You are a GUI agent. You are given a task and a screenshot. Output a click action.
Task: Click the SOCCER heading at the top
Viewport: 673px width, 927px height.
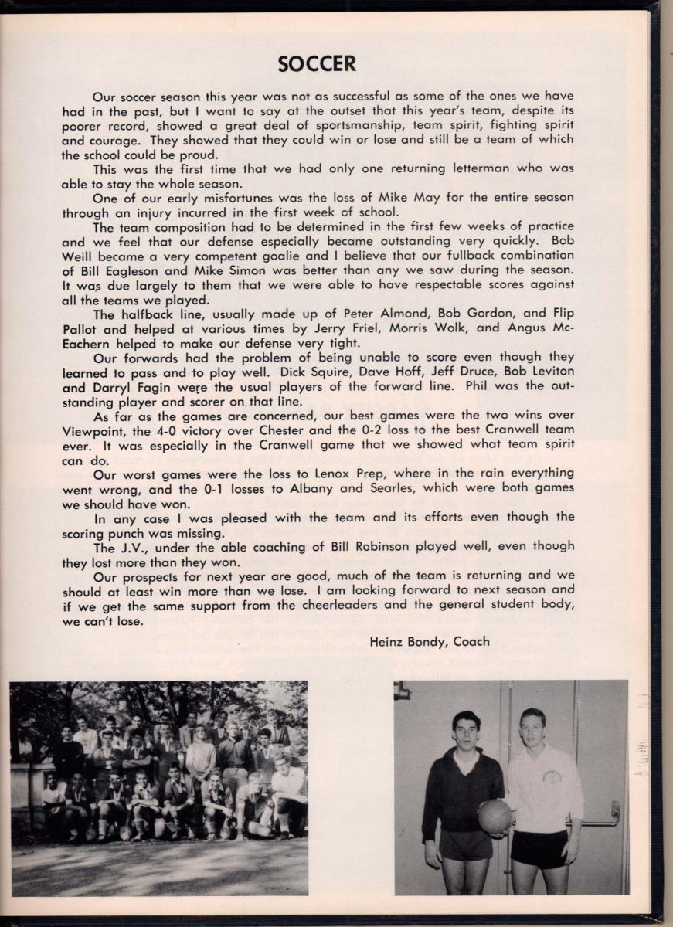click(x=317, y=64)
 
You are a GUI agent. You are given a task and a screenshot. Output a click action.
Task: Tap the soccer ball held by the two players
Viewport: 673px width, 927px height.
click(x=495, y=815)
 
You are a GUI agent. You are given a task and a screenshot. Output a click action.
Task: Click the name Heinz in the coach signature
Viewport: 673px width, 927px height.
click(x=389, y=641)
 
